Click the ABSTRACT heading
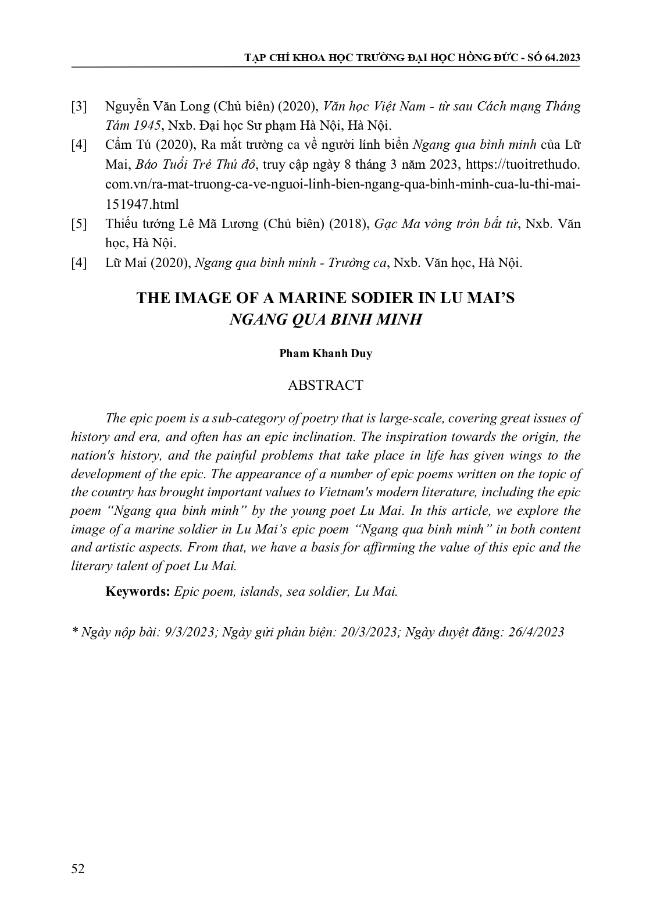(x=325, y=385)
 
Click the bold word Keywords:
(x=137, y=592)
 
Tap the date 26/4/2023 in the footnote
(x=536, y=632)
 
